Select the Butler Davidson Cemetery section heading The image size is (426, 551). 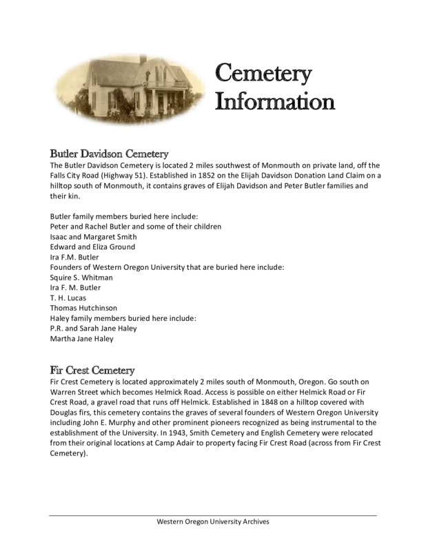point(110,154)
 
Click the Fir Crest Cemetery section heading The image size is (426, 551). point(92,369)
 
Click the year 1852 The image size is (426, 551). point(204,176)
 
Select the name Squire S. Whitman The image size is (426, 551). point(81,277)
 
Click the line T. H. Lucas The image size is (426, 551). point(68,298)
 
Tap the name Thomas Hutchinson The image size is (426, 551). point(83,308)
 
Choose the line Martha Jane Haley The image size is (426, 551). point(82,339)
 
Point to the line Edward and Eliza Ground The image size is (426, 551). point(92,247)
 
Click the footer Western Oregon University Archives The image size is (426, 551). point(213,521)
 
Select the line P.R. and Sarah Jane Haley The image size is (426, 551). point(93,329)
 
